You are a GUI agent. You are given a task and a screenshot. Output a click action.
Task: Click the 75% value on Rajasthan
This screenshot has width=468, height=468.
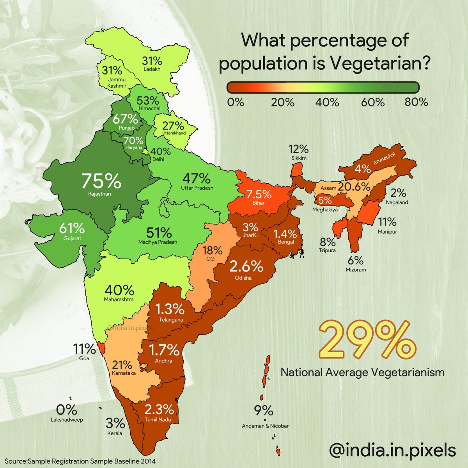pyautogui.click(x=101, y=181)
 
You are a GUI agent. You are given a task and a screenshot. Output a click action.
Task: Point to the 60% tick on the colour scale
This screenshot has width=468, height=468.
pyautogui.click(x=373, y=103)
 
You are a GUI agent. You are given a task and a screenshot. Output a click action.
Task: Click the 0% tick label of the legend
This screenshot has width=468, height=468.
pyautogui.click(x=236, y=103)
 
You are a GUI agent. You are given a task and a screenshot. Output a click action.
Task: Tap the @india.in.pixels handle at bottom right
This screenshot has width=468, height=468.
pyautogui.click(x=392, y=450)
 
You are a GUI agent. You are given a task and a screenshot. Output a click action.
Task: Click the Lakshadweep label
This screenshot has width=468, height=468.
pyautogui.click(x=67, y=420)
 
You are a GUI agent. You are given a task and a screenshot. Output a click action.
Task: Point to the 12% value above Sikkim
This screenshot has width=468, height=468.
pyautogui.click(x=299, y=149)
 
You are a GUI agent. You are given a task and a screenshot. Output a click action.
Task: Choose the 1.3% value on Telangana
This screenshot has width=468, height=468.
pyautogui.click(x=170, y=310)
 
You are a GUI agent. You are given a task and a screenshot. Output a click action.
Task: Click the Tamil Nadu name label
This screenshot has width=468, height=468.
pyautogui.click(x=159, y=420)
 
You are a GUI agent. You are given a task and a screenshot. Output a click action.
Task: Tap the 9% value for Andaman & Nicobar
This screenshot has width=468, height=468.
pyautogui.click(x=264, y=411)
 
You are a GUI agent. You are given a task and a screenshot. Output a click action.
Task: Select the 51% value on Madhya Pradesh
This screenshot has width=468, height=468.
pyautogui.click(x=159, y=233)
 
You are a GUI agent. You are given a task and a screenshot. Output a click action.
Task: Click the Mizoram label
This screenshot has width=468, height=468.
pyautogui.click(x=356, y=269)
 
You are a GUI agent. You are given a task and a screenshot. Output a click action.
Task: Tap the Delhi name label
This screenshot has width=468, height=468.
pyautogui.click(x=159, y=159)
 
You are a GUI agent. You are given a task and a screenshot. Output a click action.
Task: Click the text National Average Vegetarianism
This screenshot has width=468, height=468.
pyautogui.click(x=362, y=372)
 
